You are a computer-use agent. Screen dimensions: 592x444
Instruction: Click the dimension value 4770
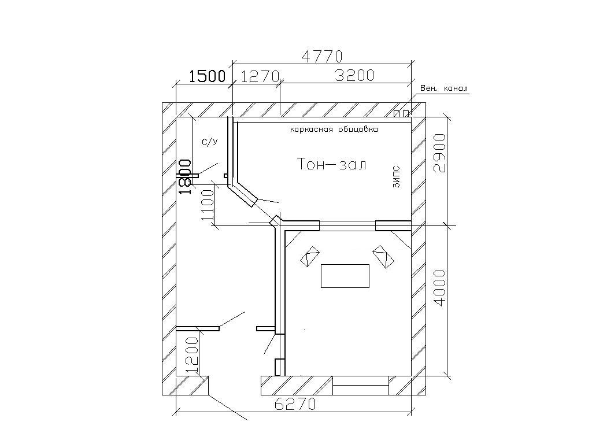(322, 57)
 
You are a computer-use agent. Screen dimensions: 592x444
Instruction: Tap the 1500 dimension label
(207, 76)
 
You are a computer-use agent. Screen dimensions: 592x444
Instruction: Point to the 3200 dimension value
(354, 76)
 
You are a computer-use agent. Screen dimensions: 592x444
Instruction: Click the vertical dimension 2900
(440, 153)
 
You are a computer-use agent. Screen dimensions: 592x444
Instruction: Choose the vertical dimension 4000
(440, 288)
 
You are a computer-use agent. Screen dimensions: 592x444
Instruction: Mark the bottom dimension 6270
(295, 404)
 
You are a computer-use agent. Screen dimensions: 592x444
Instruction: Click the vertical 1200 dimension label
(192, 355)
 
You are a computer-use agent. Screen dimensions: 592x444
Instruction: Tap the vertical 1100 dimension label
(208, 205)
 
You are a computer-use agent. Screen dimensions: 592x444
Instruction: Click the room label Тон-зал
(332, 164)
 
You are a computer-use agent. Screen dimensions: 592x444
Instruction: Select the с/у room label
(210, 142)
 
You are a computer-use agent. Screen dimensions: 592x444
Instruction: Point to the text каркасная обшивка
(334, 129)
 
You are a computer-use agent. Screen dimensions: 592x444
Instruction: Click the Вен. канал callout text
(444, 88)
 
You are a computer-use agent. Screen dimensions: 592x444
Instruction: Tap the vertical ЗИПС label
(396, 177)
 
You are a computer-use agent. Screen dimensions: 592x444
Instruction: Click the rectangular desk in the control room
(345, 276)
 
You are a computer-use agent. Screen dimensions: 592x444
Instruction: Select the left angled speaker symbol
(310, 256)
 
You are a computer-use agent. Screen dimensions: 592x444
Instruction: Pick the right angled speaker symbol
(383, 257)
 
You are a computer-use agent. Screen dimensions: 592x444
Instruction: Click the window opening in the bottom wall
(361, 386)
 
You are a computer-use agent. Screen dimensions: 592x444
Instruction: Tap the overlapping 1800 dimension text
(184, 177)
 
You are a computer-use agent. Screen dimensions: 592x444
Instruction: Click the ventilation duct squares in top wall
(401, 113)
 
